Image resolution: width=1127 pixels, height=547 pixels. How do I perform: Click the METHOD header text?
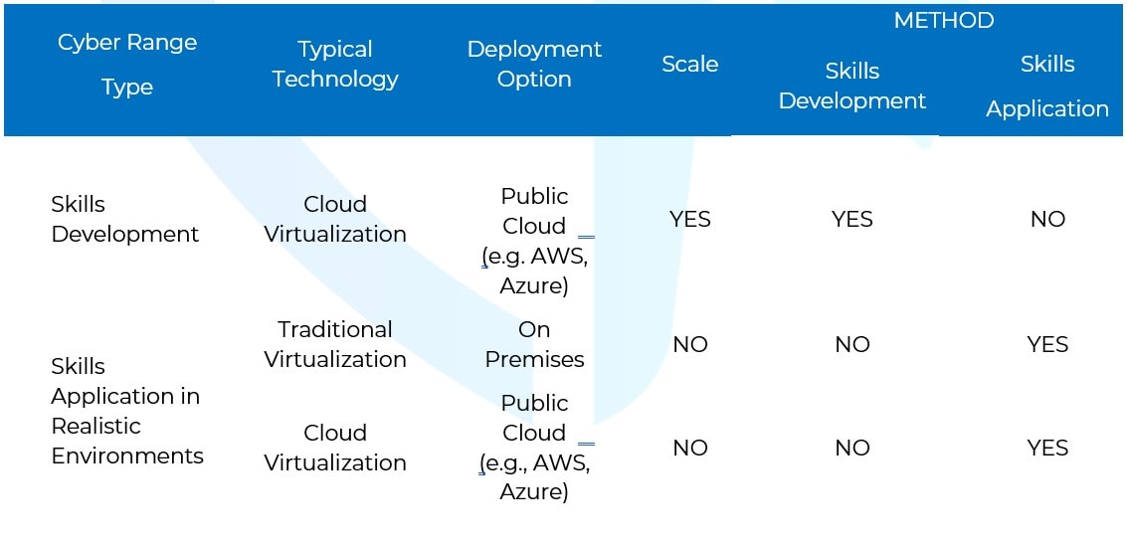pos(943,21)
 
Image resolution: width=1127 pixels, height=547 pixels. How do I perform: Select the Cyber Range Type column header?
pos(127,65)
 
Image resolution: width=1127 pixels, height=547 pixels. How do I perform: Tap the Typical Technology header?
pos(335,65)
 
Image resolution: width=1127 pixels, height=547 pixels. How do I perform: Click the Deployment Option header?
pos(534,65)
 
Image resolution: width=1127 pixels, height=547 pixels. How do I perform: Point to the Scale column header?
pos(689,65)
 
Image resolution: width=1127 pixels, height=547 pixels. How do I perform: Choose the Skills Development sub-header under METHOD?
pos(851,87)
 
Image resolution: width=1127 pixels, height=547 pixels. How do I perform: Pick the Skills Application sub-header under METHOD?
pos(1046,87)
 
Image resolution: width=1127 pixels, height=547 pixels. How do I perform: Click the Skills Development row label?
pos(124,219)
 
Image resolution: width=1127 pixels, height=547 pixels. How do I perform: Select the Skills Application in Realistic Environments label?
pos(126,411)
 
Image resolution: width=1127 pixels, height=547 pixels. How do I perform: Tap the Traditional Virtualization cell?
pos(335,344)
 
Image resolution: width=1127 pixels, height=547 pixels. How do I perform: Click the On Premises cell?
pos(534,344)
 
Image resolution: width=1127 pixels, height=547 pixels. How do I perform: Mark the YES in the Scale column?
pos(689,219)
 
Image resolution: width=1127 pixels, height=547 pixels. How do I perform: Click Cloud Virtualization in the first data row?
pos(335,219)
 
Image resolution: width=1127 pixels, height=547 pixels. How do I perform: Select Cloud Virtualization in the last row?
pos(335,448)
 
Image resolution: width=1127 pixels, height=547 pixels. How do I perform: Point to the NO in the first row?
pos(1046,219)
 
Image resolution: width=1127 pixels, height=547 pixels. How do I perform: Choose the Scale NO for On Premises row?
pos(689,344)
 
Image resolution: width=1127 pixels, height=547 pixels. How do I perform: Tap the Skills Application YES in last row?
pos(1046,448)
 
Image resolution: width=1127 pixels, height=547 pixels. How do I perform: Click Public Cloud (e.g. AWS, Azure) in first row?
pos(534,241)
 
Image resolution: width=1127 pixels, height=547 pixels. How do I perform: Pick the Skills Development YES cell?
pos(851,219)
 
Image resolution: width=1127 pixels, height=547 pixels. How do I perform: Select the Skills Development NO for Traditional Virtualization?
pos(851,344)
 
